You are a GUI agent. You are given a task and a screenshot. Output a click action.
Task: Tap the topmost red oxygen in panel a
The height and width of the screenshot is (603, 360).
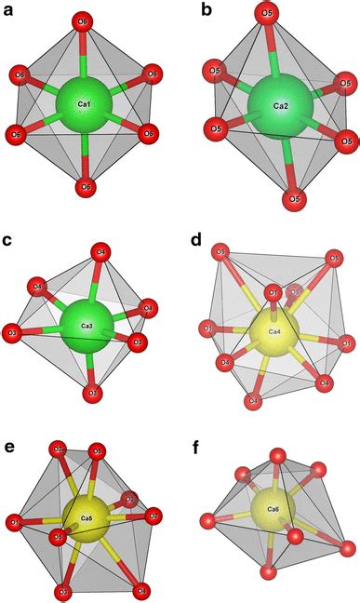pos(85,20)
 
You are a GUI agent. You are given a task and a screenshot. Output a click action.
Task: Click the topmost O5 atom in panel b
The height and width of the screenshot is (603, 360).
pos(268,14)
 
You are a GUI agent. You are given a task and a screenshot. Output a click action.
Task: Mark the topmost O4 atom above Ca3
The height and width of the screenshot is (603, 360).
pos(101,250)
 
